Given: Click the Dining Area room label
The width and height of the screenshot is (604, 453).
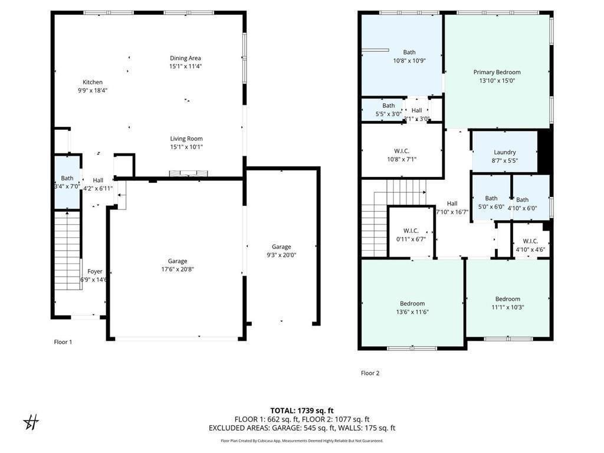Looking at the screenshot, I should coord(185,58).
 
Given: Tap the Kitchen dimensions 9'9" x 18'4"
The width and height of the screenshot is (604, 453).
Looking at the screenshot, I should coord(93,90).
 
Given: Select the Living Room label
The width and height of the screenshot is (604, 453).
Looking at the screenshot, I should coord(186,139).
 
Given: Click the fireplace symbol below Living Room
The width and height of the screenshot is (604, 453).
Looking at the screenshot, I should coord(188,173).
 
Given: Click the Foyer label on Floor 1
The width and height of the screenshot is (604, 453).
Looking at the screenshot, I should coord(95,272).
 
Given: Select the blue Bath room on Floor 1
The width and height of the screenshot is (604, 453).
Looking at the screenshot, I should coord(67,182).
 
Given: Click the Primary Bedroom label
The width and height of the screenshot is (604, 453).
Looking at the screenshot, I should coord(497,73).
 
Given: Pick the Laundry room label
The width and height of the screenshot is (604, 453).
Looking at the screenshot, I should coord(504,152).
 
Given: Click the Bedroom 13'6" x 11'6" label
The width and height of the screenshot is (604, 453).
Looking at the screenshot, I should coord(412,304).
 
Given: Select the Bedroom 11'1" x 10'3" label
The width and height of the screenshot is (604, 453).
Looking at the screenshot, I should coord(507,299).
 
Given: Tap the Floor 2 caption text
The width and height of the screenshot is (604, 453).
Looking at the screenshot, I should coord(370,373).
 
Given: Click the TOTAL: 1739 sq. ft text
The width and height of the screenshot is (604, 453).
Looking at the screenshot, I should coord(301,411).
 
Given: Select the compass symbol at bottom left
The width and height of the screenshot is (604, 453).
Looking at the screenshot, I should coord(31,422).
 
